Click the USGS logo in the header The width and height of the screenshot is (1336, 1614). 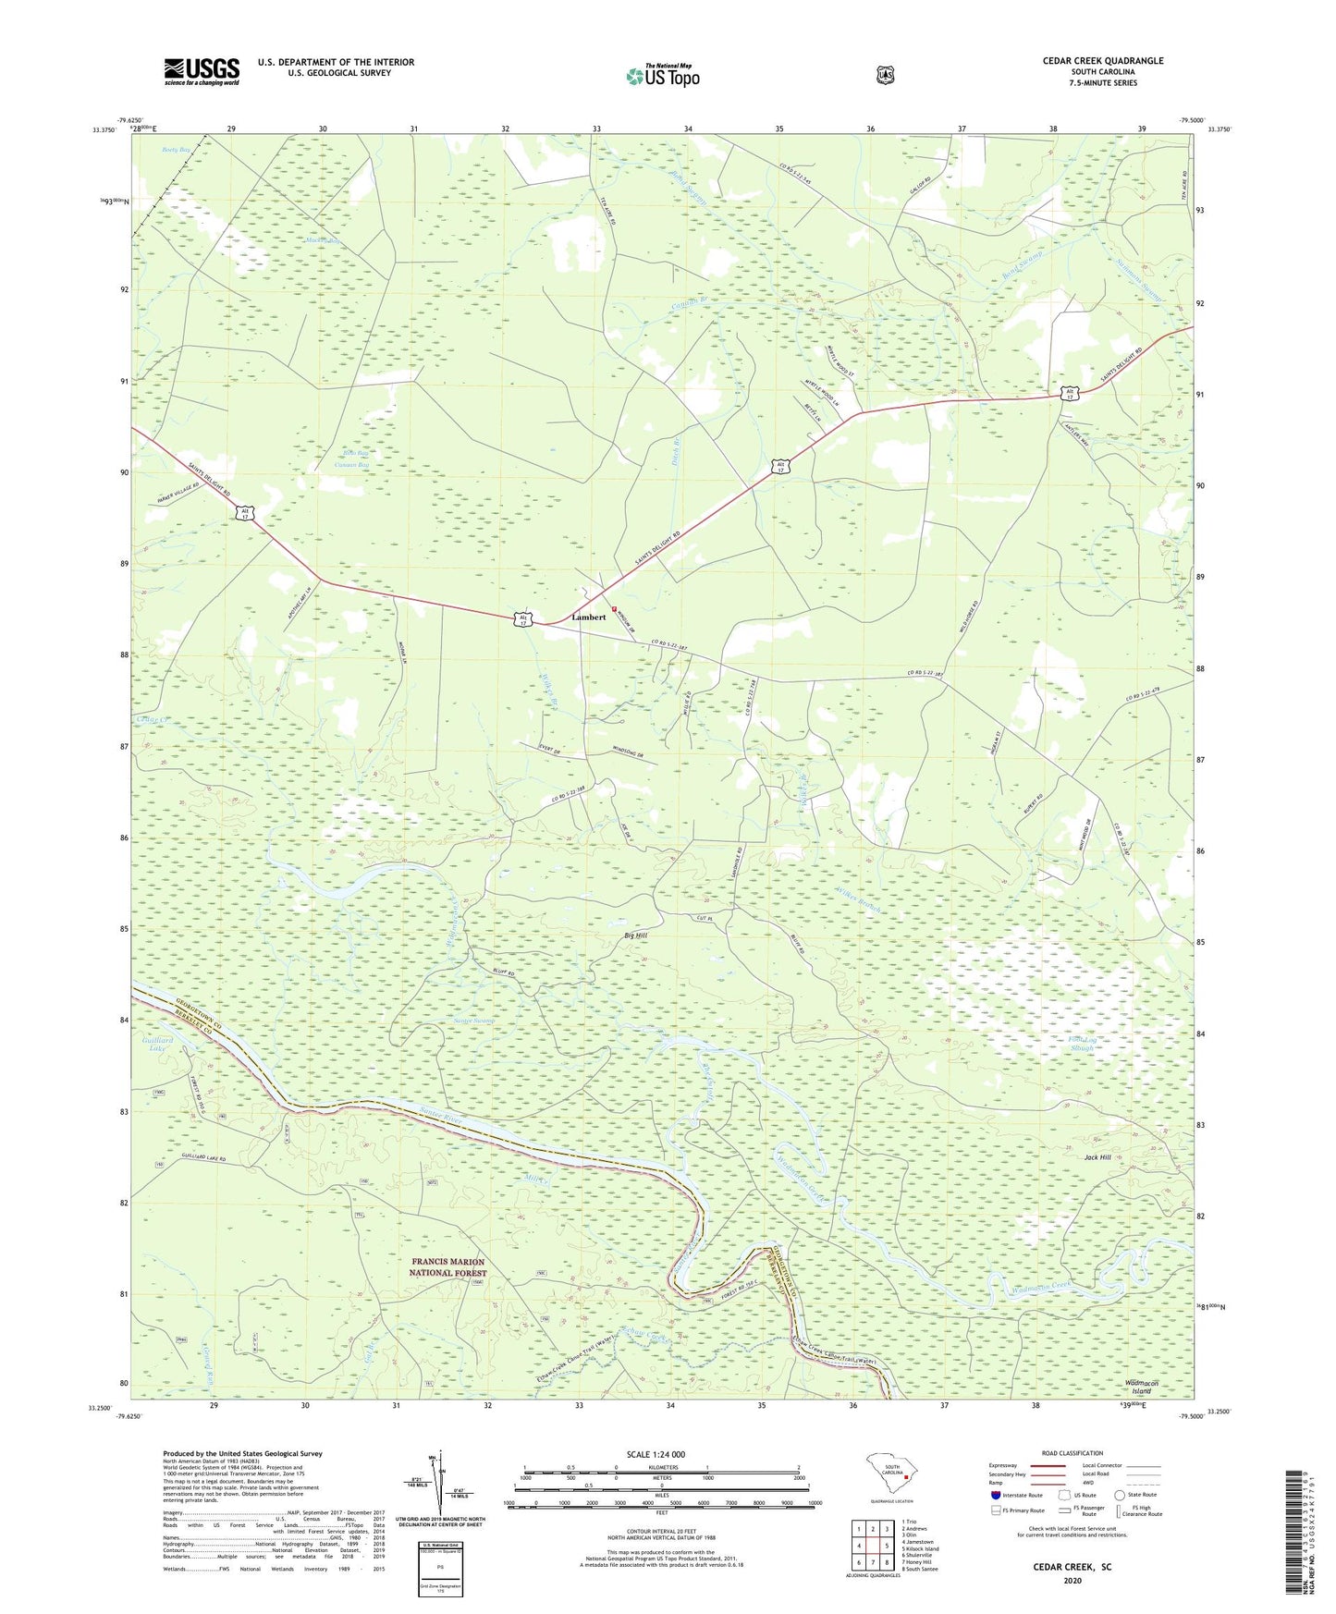[202, 71]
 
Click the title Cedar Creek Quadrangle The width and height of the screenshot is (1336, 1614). [1102, 61]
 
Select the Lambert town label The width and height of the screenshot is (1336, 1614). [589, 617]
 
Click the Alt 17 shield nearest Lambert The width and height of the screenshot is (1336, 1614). [524, 619]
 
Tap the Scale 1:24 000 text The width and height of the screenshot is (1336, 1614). [656, 1454]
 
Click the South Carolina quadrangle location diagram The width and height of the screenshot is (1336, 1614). [892, 1477]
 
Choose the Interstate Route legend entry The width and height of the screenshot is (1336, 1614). [1016, 1495]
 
